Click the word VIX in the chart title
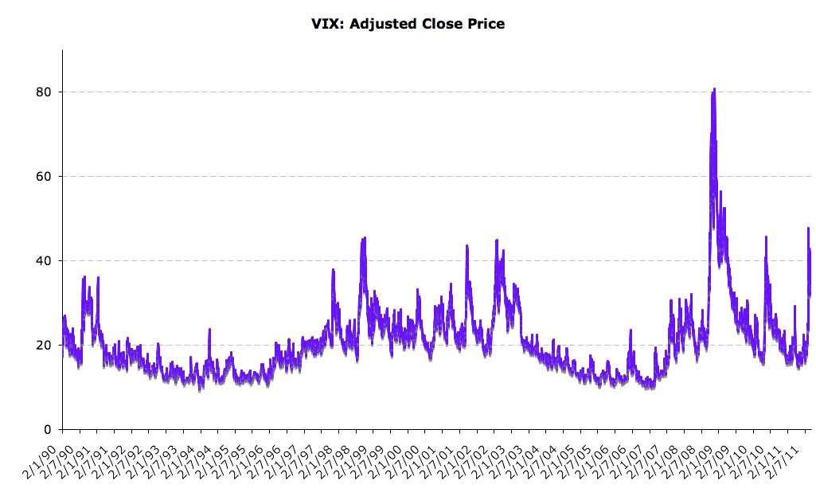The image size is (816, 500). click(x=325, y=24)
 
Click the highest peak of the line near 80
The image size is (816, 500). click(x=714, y=89)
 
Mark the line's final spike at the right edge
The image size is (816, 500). click(x=808, y=229)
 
